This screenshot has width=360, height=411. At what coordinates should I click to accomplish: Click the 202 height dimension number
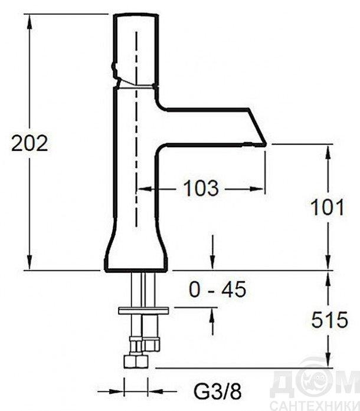coord(30,143)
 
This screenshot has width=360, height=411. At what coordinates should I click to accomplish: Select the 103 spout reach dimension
coord(201,188)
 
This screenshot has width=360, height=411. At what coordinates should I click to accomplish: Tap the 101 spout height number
coord(327,207)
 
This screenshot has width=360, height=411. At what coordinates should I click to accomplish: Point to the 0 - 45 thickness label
coord(218,290)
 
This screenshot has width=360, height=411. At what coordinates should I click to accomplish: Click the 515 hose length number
coord(329,320)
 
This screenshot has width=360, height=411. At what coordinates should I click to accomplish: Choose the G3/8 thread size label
coord(218,392)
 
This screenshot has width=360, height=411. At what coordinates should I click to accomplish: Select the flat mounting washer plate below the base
coord(143,311)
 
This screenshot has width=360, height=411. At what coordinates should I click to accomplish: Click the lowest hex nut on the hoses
coord(136,361)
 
